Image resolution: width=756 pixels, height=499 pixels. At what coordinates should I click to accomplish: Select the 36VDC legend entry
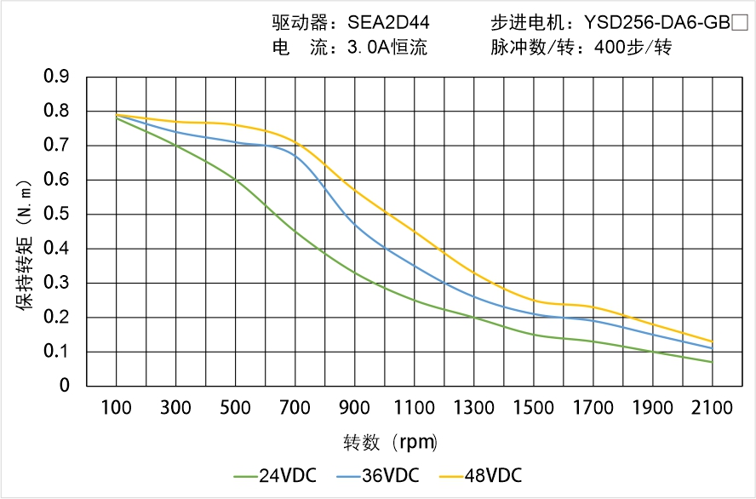coord(378,475)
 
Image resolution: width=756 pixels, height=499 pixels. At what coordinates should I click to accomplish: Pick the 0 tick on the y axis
coord(65,386)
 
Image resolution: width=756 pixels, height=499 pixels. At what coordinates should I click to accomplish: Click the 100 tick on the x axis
coord(117,408)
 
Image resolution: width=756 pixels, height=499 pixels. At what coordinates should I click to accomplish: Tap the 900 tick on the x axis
coord(355,408)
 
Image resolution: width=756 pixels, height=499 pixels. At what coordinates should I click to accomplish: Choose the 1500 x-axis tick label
coord(533,408)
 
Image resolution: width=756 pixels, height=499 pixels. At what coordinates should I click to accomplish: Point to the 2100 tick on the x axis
coord(712,408)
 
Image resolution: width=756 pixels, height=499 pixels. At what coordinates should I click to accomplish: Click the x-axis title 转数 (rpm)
coord(390,443)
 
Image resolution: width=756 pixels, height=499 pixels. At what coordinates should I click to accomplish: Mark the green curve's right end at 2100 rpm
coord(712,362)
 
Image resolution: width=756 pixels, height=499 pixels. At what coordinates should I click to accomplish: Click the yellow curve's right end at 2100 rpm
coord(712,341)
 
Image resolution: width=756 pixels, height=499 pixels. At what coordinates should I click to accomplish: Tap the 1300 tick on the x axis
coord(474,408)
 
